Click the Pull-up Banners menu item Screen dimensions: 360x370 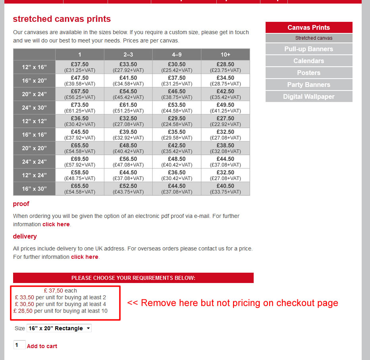(x=308, y=49)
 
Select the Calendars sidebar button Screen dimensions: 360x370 (x=308, y=61)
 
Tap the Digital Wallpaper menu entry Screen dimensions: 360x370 (x=308, y=97)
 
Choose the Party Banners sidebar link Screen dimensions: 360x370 (x=308, y=85)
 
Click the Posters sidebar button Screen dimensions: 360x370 (x=308, y=73)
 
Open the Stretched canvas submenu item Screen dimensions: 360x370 (x=314, y=38)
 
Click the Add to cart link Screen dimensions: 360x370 (x=42, y=346)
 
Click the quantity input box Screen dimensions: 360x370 (x=19, y=345)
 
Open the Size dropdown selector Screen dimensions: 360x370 (x=59, y=328)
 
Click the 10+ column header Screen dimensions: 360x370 (x=225, y=54)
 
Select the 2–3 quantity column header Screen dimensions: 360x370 (x=128, y=54)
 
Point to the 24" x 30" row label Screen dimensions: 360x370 (x=34, y=108)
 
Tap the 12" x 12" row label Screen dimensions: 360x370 (x=34, y=121)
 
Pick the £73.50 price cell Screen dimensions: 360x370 (x=80, y=105)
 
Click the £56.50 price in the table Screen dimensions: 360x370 (x=128, y=159)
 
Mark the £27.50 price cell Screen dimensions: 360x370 (x=225, y=119)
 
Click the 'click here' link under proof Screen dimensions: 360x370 (x=56, y=224)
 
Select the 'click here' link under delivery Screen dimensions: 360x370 (x=85, y=257)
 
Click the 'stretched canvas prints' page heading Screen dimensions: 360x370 (x=62, y=19)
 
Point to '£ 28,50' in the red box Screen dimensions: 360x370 (x=23, y=311)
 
